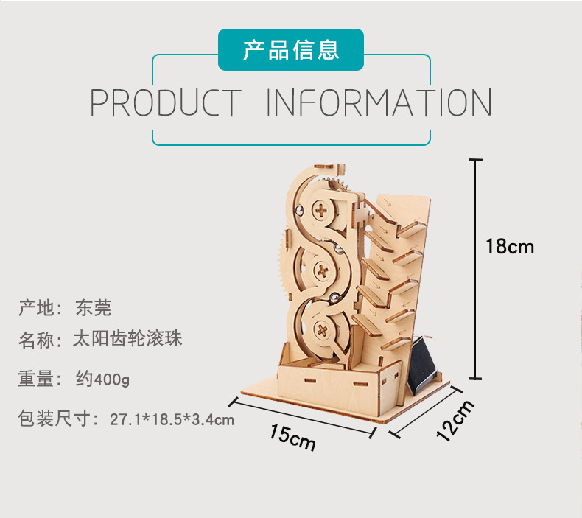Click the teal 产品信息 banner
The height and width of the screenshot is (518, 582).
pyautogui.click(x=290, y=50)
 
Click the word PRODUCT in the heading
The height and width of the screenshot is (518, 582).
pyautogui.click(x=166, y=102)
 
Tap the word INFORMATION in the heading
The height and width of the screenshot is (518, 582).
pyautogui.click(x=379, y=102)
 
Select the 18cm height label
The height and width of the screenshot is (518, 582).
pyautogui.click(x=510, y=247)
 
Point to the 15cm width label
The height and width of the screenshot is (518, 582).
pyautogui.click(x=292, y=438)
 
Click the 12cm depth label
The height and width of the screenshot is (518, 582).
pyautogui.click(x=455, y=421)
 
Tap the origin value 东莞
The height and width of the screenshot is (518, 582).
pyautogui.click(x=93, y=307)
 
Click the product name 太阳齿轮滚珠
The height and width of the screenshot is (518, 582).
pyautogui.click(x=127, y=339)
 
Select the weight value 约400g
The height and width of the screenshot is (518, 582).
pyautogui.click(x=102, y=379)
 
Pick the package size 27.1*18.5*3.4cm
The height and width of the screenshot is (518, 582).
pyautogui.click(x=172, y=419)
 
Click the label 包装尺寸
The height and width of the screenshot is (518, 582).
pyautogui.click(x=55, y=419)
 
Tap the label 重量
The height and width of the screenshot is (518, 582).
pyautogui.click(x=36, y=379)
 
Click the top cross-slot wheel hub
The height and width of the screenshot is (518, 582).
pyautogui.click(x=320, y=211)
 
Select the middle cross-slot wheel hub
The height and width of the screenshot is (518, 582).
pyautogui.click(x=322, y=271)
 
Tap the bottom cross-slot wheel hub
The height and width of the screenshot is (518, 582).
pyautogui.click(x=322, y=330)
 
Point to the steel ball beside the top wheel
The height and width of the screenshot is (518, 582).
pyautogui.click(x=299, y=211)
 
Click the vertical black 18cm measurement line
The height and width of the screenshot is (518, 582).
pyautogui.click(x=475, y=270)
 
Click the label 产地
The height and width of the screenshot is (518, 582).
pyautogui.click(x=36, y=307)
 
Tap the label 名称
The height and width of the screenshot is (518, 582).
pyautogui.click(x=36, y=340)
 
